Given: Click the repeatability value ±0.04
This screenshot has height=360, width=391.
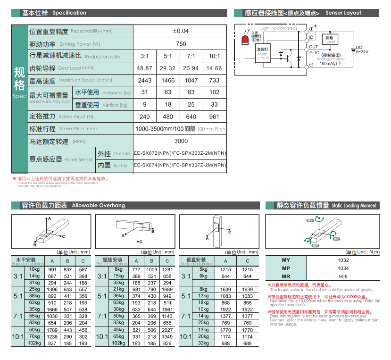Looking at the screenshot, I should click(181, 31).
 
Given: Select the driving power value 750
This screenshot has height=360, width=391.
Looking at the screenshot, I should click(181, 44).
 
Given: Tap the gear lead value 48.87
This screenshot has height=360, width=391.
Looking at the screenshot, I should click(144, 68).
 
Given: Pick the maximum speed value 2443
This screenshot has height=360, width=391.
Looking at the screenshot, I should click(144, 81).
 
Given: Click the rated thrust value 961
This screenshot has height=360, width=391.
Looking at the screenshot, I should click(214, 117).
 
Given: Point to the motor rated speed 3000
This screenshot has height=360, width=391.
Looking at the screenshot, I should click(181, 141).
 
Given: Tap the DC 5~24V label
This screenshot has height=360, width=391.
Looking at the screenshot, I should click(362, 50).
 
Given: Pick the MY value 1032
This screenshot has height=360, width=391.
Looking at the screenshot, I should click(343, 260).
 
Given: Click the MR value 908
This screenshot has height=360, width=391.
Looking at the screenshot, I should click(343, 276).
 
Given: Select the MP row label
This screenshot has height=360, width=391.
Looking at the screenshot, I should click(286, 268).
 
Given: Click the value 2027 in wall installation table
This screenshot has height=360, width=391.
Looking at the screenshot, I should click(167, 330).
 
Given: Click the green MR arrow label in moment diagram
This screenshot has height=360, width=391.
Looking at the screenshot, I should click(316, 246).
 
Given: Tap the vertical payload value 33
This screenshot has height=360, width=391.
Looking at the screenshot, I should click(214, 105).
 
